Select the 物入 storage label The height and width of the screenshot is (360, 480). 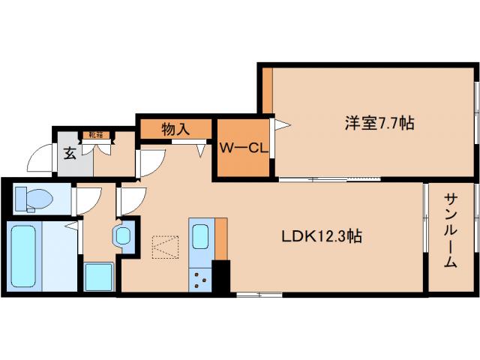tap(175, 129)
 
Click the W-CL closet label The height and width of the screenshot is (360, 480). tap(243, 148)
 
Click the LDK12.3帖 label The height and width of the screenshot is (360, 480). tap(322, 236)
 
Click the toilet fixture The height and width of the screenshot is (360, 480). tap(33, 198)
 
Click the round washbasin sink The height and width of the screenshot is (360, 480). tap(123, 236)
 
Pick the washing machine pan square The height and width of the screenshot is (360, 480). tap(98, 277)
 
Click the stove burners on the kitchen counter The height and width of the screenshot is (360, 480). tap(201, 280)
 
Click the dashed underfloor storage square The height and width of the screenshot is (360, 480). tap(165, 247)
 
